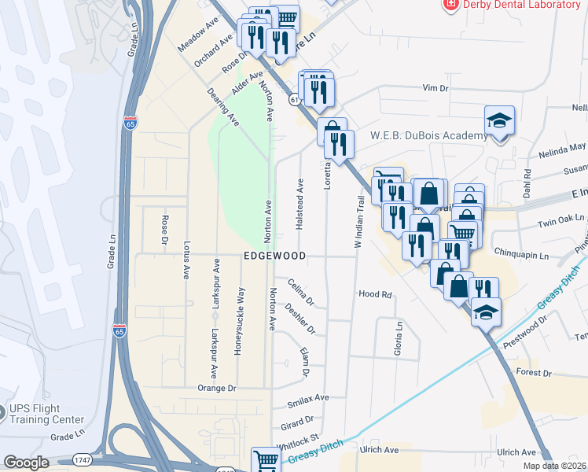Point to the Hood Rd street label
[x=375, y=294]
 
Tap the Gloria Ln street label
[x=399, y=337]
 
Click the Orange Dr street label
[x=217, y=388]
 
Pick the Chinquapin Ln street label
[x=524, y=252]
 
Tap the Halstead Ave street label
[x=300, y=203]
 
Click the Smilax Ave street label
[x=309, y=399]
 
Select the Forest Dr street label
[x=535, y=372]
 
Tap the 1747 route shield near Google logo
[x=82, y=459]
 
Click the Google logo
[x=26, y=462]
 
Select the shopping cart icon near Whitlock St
[x=266, y=459]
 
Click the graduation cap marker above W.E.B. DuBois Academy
[x=498, y=120]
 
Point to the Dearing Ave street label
[x=222, y=106]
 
